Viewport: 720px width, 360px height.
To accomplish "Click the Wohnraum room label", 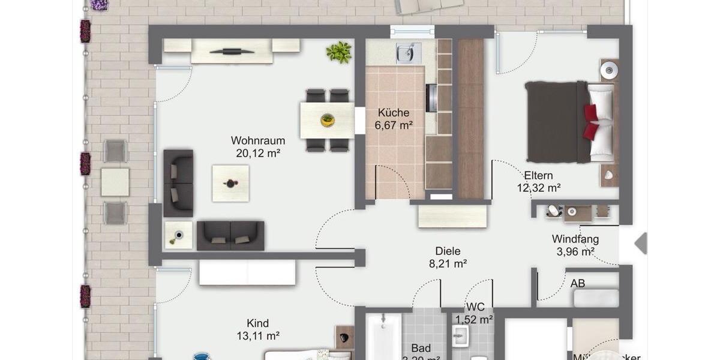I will [x=257, y=140].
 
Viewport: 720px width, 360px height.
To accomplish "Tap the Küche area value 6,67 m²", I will [x=393, y=125].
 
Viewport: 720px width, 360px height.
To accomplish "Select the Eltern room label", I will [x=538, y=175].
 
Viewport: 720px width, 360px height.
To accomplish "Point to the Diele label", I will [x=448, y=251].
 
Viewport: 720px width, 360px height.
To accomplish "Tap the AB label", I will [x=577, y=283].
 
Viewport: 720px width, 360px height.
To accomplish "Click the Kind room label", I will [x=257, y=323].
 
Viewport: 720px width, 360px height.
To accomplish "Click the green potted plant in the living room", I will [x=339, y=52].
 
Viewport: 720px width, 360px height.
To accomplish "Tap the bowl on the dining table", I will [x=327, y=119].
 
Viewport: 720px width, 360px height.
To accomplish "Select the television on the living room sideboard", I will [x=232, y=52].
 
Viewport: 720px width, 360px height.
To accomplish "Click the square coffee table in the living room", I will [x=230, y=183].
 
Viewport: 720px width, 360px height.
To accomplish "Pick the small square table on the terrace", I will [x=115, y=182].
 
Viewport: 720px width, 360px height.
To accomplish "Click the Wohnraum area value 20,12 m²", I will [x=257, y=154].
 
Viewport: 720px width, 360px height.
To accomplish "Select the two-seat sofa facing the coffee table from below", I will [x=230, y=235].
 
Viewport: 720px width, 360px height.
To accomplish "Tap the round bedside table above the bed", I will [x=610, y=70].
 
